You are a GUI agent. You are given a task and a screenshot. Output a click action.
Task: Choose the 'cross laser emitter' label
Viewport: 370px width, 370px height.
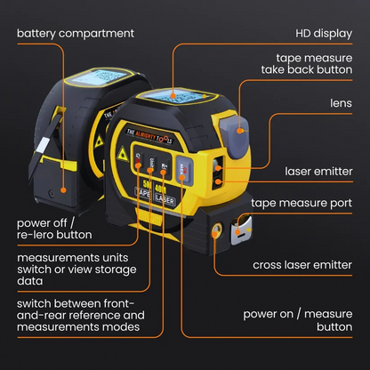click(304, 265)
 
